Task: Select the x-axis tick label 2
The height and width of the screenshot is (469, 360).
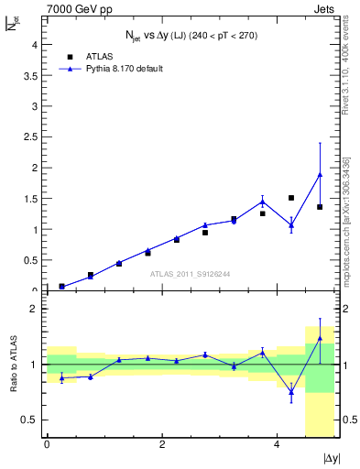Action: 161,445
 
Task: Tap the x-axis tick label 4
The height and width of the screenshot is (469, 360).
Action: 277,445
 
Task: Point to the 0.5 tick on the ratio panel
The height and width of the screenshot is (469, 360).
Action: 33,420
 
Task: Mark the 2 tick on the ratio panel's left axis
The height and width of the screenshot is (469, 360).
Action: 36,309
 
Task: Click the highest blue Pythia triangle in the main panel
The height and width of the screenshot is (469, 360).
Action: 320,174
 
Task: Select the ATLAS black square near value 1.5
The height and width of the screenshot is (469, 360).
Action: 291,198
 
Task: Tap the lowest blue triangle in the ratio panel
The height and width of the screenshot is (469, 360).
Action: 291,392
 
